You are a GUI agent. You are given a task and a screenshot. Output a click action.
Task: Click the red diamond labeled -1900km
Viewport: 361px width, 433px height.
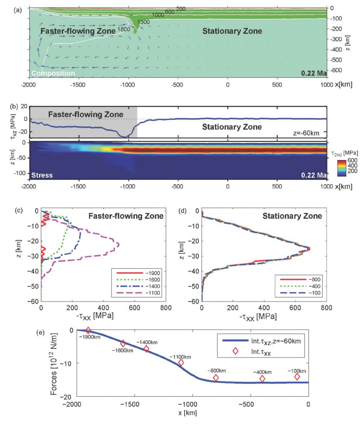pos(88,331)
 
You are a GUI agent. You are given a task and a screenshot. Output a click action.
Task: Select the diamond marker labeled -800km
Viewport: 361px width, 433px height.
pos(216,378)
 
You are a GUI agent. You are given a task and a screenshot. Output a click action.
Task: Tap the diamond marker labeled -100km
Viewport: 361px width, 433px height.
pos(297,377)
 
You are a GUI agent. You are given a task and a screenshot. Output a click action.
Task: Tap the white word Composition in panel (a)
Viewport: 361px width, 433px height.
pos(53,73)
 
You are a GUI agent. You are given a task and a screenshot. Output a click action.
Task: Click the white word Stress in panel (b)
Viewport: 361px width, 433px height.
pos(42,175)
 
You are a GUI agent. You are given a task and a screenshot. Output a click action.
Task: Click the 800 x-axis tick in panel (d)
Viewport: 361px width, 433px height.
pos(326,308)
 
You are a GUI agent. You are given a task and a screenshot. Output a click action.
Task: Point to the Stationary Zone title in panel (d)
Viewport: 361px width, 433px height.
pos(292,216)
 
